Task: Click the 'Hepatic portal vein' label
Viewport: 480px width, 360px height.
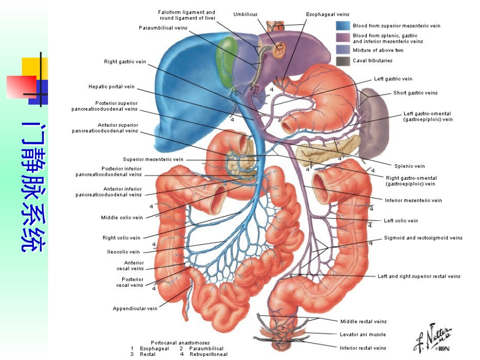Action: click(x=112, y=86)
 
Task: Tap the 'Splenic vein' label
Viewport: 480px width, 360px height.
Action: click(x=409, y=166)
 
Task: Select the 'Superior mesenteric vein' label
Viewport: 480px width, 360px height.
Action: click(x=153, y=160)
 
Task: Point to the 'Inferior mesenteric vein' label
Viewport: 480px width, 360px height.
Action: click(x=413, y=200)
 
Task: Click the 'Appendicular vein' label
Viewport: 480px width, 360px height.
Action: click(x=135, y=308)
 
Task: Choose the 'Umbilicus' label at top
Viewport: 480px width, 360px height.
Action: click(x=245, y=14)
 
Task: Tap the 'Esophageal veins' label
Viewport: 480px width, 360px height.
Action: click(x=327, y=14)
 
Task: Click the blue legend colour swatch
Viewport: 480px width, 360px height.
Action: click(x=343, y=26)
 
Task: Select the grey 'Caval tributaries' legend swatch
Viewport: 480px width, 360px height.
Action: click(x=343, y=61)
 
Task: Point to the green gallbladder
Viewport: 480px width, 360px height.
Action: click(x=227, y=61)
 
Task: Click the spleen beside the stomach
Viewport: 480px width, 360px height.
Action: click(x=375, y=122)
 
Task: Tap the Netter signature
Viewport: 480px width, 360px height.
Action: click(x=432, y=338)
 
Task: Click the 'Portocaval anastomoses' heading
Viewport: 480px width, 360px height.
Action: click(x=180, y=342)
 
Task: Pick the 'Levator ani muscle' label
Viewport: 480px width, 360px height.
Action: click(x=363, y=335)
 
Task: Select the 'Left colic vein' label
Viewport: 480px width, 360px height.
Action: click(x=401, y=221)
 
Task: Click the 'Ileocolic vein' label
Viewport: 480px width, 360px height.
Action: click(x=123, y=252)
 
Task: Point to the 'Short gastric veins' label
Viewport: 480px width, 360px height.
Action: click(x=415, y=93)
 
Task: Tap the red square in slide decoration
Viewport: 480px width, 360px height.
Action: click(x=21, y=87)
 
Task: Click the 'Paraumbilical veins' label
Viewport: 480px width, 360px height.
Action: click(x=163, y=28)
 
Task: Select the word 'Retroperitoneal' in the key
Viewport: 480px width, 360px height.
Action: click(x=209, y=354)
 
